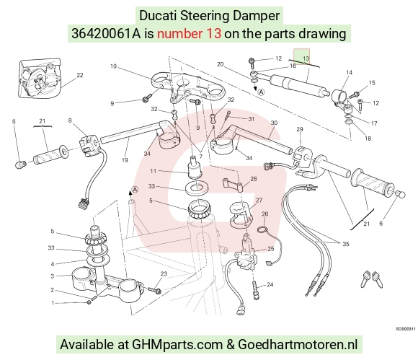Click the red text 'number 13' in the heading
pos(189,34)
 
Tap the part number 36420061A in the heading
pos(106,34)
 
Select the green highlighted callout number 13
pos(306,58)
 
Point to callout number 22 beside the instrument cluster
pos(80,75)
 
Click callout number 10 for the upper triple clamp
pos(113,66)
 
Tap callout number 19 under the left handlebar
pos(125,160)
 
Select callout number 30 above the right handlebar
pos(274,123)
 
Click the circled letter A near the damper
pos(262,92)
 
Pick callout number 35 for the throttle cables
pos(346,244)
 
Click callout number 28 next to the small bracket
pos(254,179)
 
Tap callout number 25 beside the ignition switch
pos(270,249)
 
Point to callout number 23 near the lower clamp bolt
pos(164,273)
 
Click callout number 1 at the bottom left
pos(53,303)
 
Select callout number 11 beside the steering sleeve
pos(153,171)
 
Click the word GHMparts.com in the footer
pos(177,344)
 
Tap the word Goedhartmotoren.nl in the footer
pos(298,344)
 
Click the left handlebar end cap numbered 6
pos(20,164)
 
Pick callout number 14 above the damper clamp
pos(350,72)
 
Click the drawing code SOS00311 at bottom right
pos(406,329)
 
